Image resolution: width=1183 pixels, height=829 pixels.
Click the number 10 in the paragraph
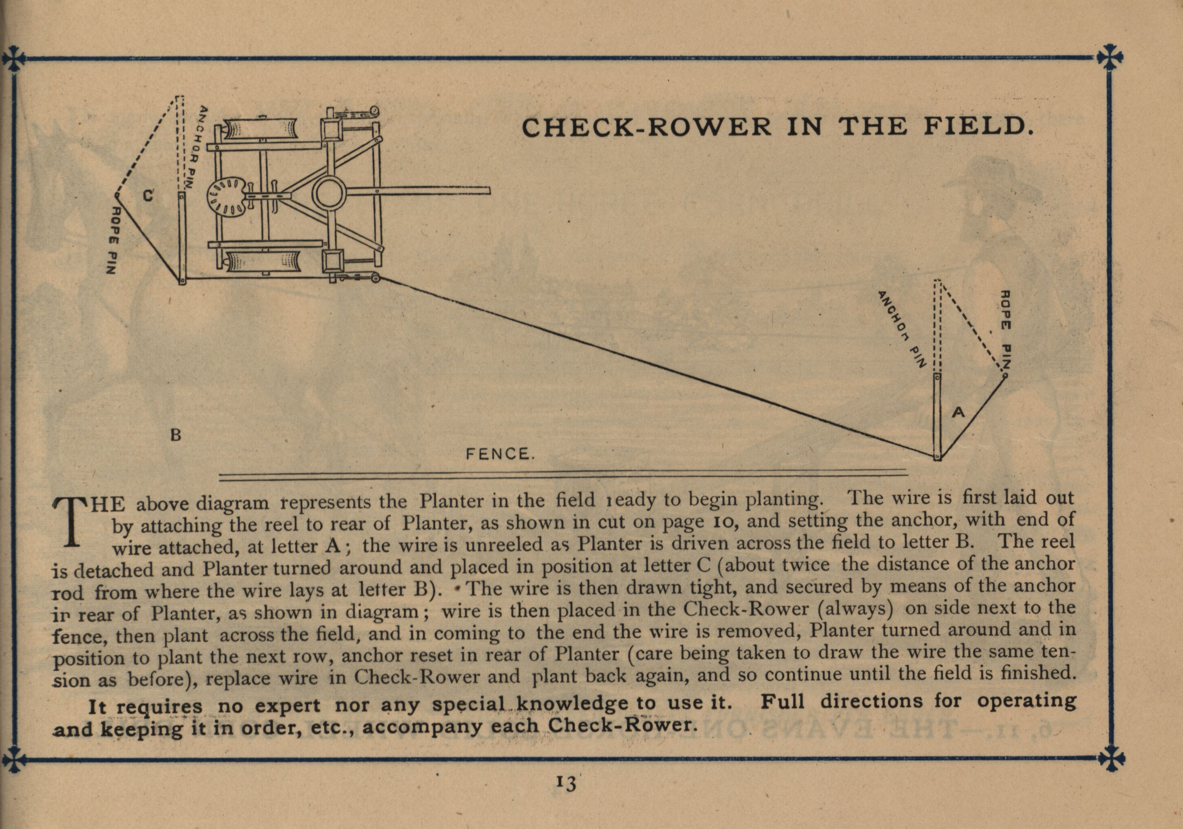[x=723, y=522]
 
